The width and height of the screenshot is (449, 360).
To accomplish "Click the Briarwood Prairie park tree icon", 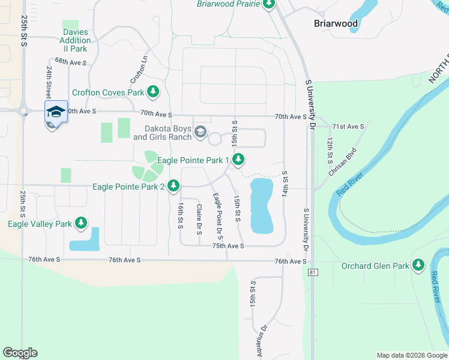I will [269, 4].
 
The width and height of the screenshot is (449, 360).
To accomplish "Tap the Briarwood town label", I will [336, 24].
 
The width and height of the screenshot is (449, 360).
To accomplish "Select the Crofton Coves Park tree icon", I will [154, 92].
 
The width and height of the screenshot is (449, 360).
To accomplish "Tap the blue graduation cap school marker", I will [55, 112].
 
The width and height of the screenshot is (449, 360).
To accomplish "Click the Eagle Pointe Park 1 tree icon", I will [239, 160].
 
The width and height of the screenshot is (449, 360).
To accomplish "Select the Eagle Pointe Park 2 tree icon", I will [173, 187].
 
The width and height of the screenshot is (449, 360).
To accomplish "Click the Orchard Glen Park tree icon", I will [418, 265].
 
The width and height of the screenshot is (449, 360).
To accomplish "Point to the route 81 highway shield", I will [312, 273].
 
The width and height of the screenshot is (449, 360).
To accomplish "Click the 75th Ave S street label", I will [228, 246].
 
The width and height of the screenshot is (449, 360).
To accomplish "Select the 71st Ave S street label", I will [348, 127].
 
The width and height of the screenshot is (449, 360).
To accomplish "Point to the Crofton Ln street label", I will [139, 71].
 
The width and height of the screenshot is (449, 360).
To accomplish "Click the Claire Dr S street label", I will [199, 217].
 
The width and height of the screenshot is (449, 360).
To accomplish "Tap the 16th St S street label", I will [180, 215].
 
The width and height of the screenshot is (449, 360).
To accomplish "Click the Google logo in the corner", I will [21, 353].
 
